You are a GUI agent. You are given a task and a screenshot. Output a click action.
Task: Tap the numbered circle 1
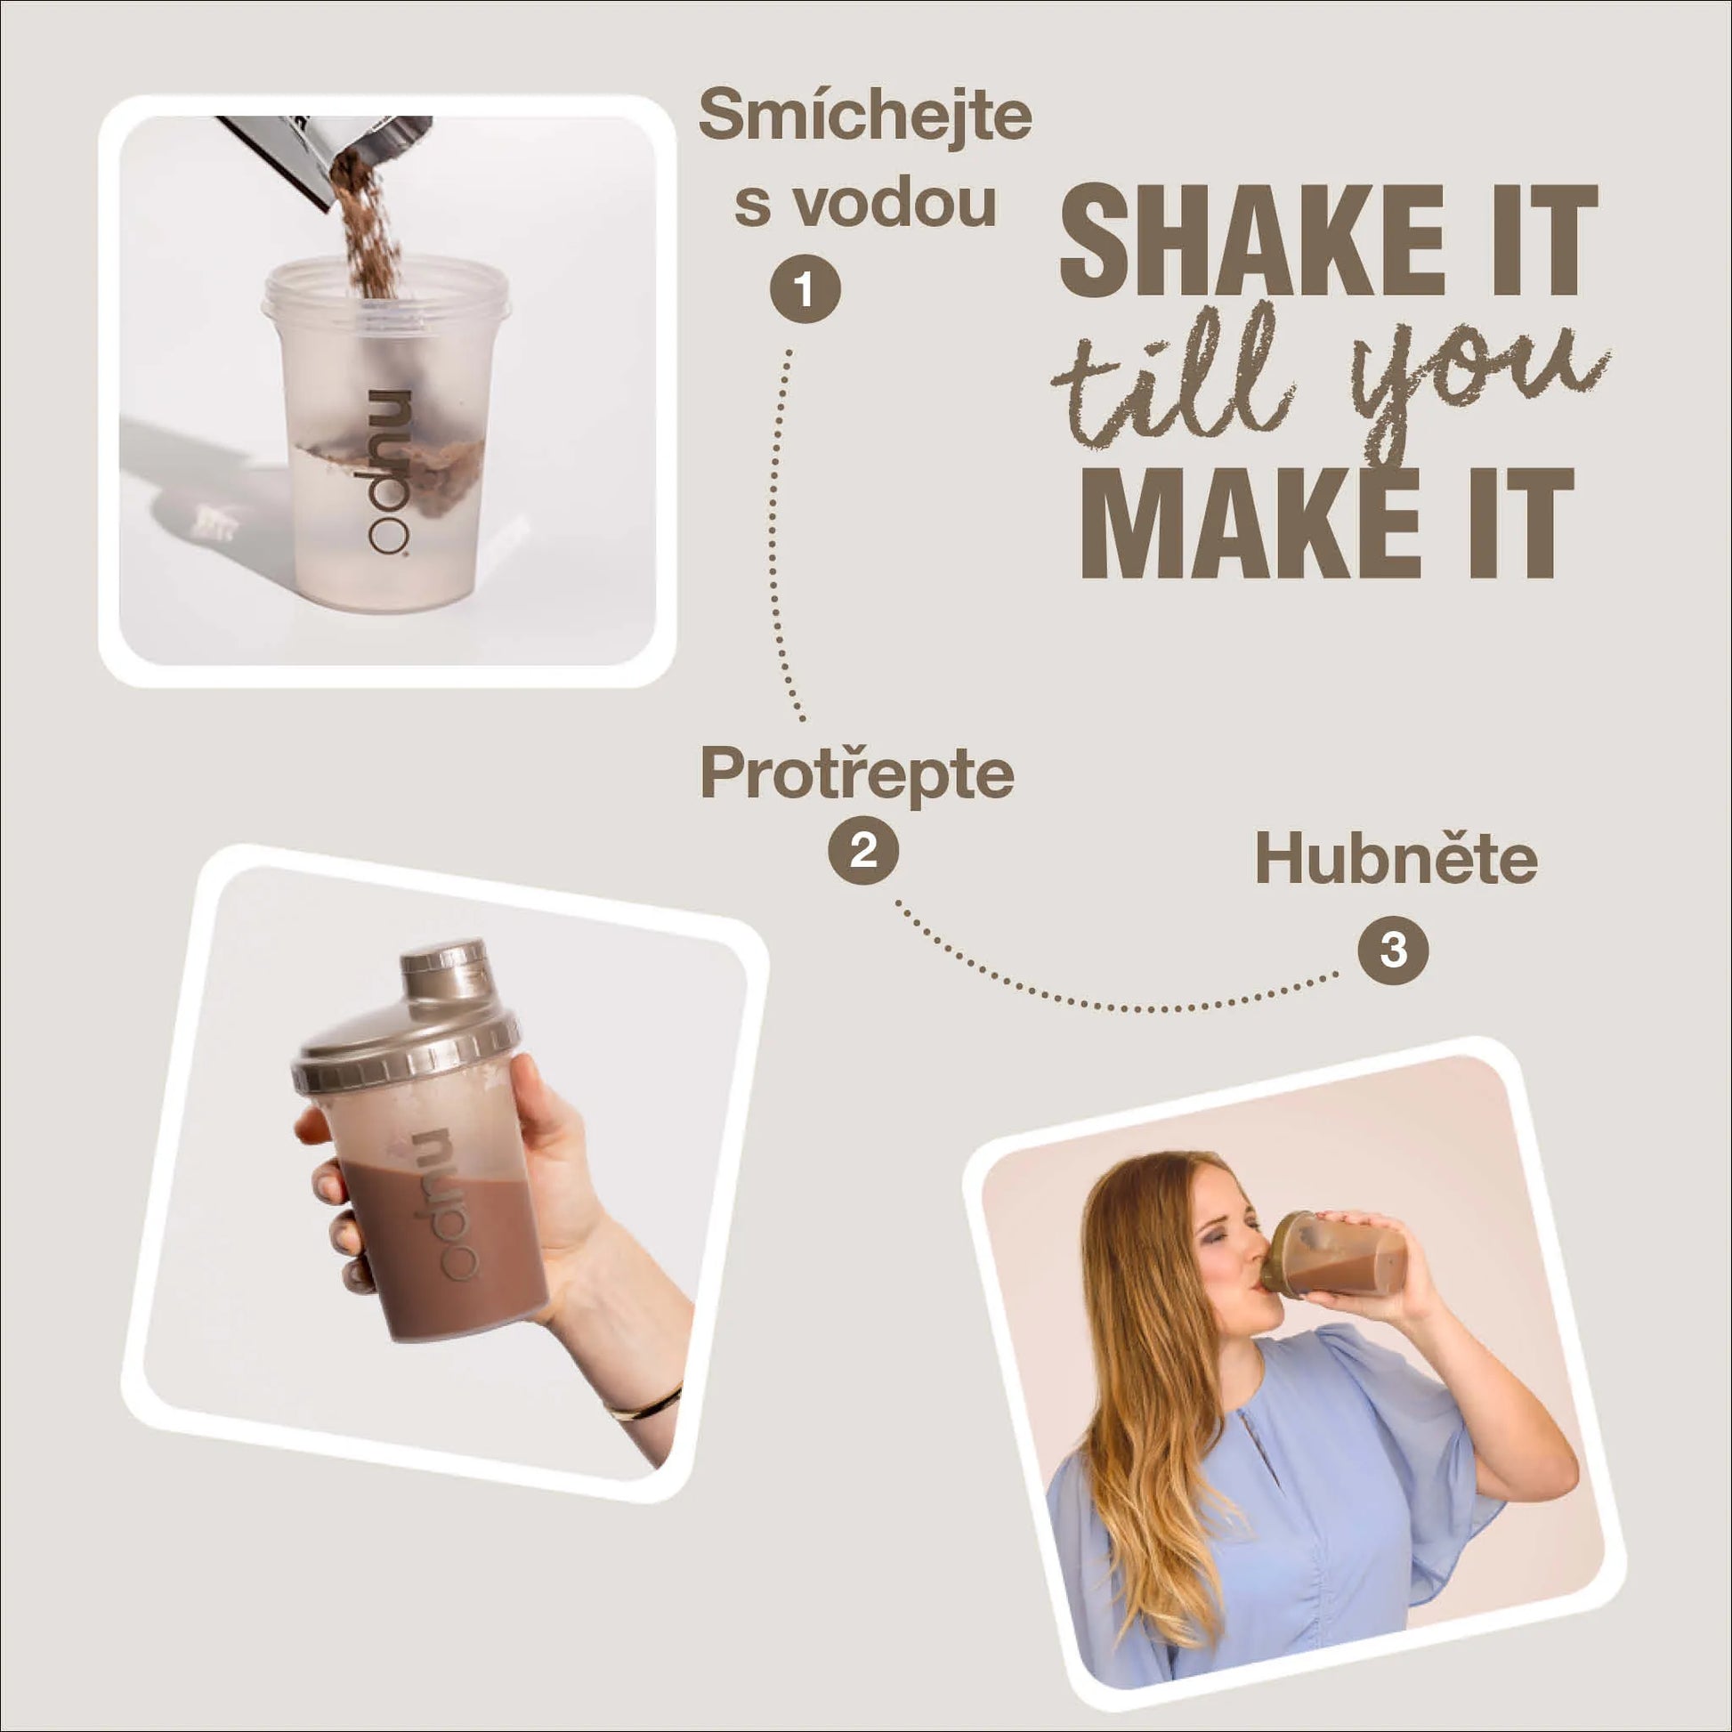click(805, 290)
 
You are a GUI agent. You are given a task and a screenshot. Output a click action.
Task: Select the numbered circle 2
click(862, 849)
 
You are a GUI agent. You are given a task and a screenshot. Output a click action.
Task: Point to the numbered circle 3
click(1393, 950)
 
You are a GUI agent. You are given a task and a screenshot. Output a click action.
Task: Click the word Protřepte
click(857, 774)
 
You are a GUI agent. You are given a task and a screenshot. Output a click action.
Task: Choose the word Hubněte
click(1396, 858)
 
